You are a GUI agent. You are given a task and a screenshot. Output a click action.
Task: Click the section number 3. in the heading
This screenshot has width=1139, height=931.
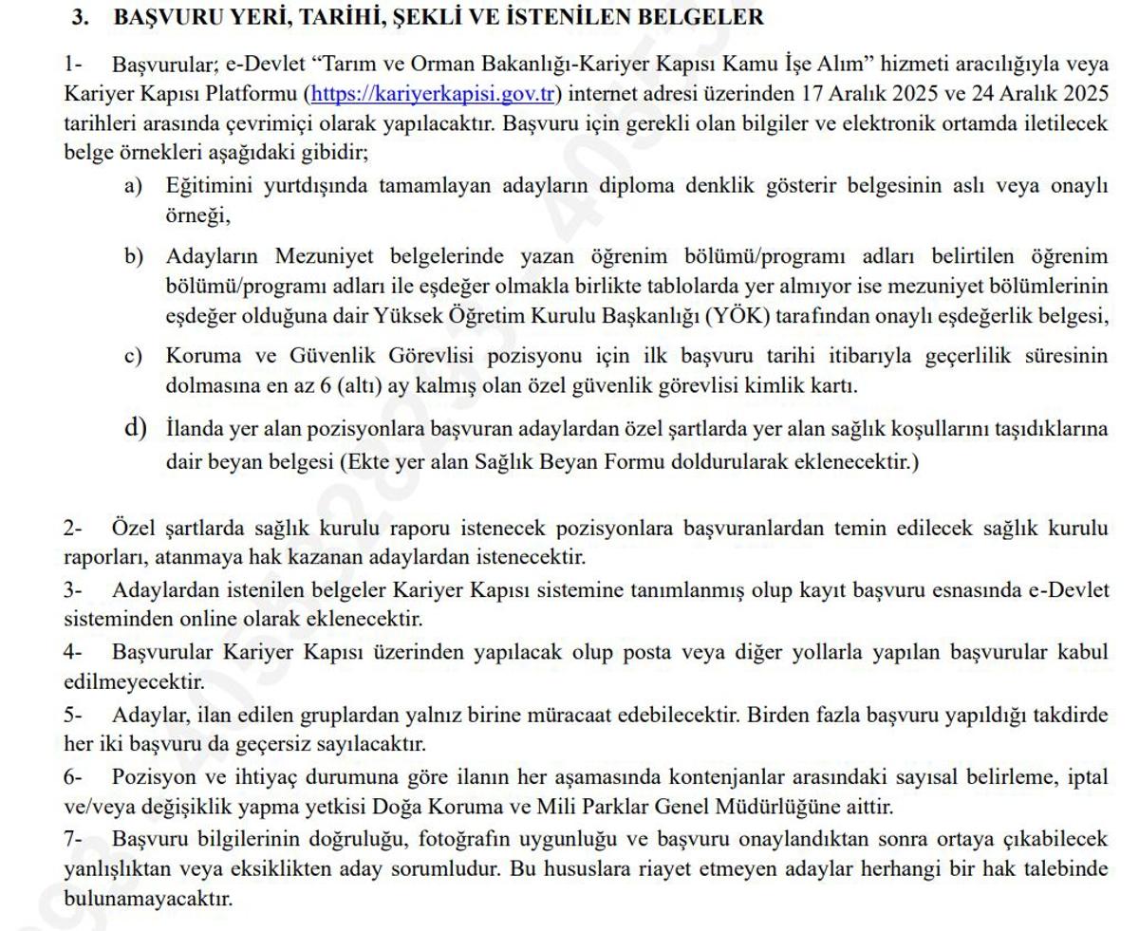(x=81, y=17)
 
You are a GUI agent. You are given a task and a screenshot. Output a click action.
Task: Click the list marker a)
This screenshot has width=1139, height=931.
(x=135, y=186)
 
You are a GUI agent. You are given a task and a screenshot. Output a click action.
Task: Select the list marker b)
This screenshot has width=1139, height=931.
(x=135, y=256)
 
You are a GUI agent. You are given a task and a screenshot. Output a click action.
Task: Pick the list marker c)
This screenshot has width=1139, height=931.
(x=135, y=356)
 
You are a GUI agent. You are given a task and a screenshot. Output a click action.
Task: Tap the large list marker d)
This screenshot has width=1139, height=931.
(x=135, y=428)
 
